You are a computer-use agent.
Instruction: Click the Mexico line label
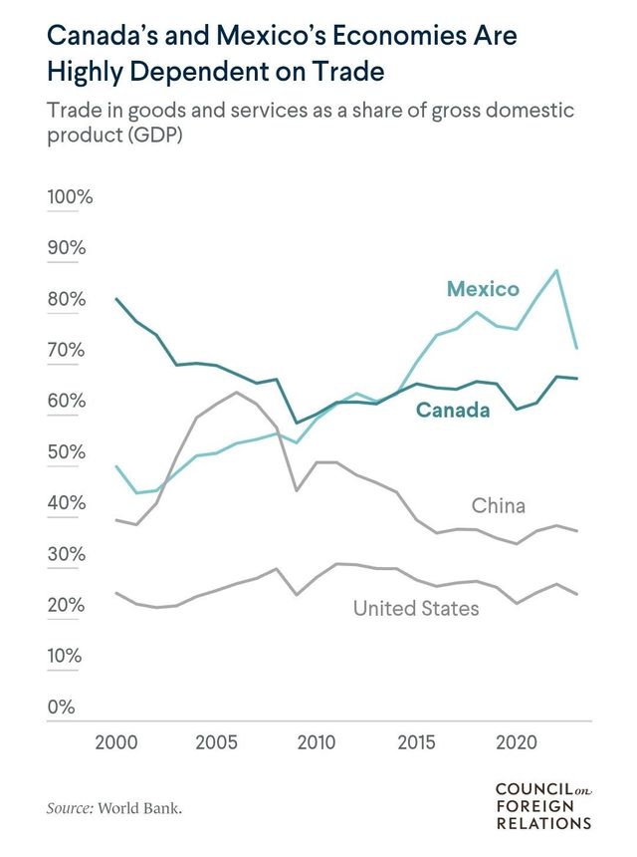(483, 289)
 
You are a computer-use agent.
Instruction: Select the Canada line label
(453, 410)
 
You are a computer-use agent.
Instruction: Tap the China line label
(498, 506)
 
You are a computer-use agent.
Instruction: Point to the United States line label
(416, 607)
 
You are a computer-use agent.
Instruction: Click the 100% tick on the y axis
(70, 197)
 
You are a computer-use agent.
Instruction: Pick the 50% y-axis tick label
(66, 452)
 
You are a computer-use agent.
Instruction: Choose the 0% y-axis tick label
(61, 708)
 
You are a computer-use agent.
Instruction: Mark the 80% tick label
(66, 300)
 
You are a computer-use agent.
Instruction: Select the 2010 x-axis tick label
(316, 742)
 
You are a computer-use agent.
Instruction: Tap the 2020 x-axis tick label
(516, 742)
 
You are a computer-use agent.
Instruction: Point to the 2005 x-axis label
(216, 742)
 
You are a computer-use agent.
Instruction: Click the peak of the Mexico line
(556, 270)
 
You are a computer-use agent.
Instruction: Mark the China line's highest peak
(235, 393)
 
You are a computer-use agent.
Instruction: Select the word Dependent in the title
(223, 73)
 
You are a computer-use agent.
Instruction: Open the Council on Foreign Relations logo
(543, 806)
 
